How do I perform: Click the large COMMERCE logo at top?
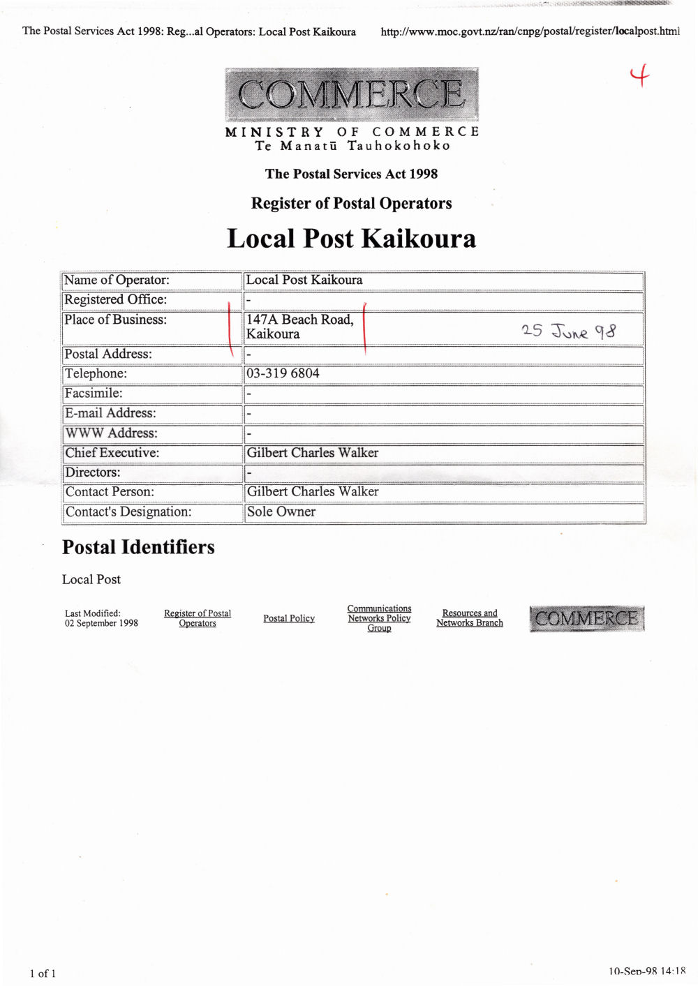pos(352,94)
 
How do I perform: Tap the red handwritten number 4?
pos(639,75)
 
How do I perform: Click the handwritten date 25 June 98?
pos(569,331)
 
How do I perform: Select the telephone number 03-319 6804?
pos(283,373)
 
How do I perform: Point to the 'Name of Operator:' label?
pos(117,281)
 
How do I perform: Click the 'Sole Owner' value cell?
pos(281,511)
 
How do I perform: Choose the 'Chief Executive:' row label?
pos(112,453)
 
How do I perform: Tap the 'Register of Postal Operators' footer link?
pos(198,618)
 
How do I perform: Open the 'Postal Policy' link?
pos(289,618)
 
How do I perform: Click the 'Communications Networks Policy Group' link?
pos(379,618)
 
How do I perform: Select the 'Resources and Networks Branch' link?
pos(470,618)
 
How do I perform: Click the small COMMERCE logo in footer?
pos(586,619)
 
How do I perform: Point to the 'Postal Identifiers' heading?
pos(138,547)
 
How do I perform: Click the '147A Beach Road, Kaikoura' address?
pos(299,327)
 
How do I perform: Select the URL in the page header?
pos(530,31)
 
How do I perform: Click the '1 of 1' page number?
pos(43,973)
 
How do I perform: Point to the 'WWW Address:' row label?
pos(111,433)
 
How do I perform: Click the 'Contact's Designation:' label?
pos(128,512)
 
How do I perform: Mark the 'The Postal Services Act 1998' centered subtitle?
pos(351,174)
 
